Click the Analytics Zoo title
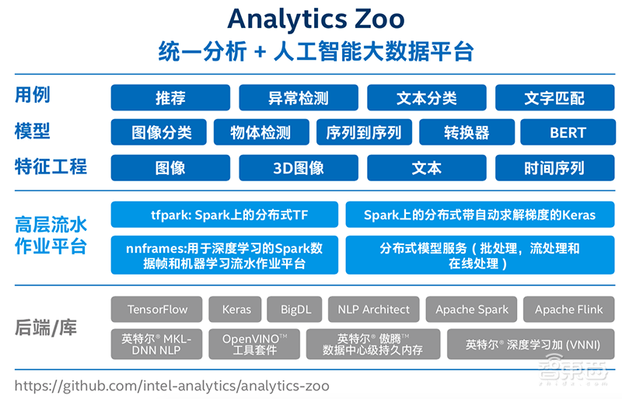tap(316, 19)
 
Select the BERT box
tap(568, 132)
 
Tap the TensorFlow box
tap(157, 310)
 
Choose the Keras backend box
tap(236, 310)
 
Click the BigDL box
tap(295, 310)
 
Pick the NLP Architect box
tap(374, 310)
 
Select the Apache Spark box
tap(471, 310)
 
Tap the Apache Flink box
tap(569, 310)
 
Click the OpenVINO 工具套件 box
tap(254, 345)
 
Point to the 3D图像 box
tap(299, 168)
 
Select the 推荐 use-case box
tap(170, 98)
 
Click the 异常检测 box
tap(299, 98)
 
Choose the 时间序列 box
tap(554, 168)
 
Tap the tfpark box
tap(225, 215)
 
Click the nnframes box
tap(225, 255)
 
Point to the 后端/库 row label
tap(46, 328)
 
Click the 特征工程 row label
tap(51, 166)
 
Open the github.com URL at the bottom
tap(172, 386)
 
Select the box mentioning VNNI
tap(531, 345)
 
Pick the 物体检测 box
tap(261, 132)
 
